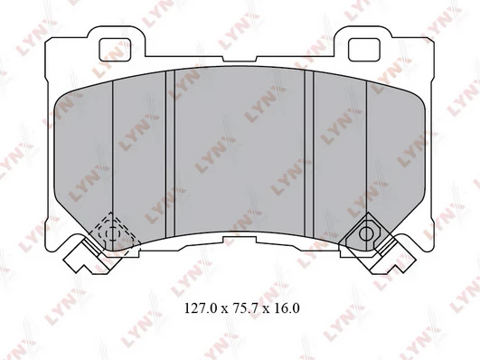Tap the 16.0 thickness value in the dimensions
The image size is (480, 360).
coord(287,308)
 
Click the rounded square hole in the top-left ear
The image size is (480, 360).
coord(116,50)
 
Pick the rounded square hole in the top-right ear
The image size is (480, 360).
coord(364,50)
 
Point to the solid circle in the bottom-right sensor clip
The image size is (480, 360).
coord(366,234)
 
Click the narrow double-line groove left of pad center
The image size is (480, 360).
coord(170,154)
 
